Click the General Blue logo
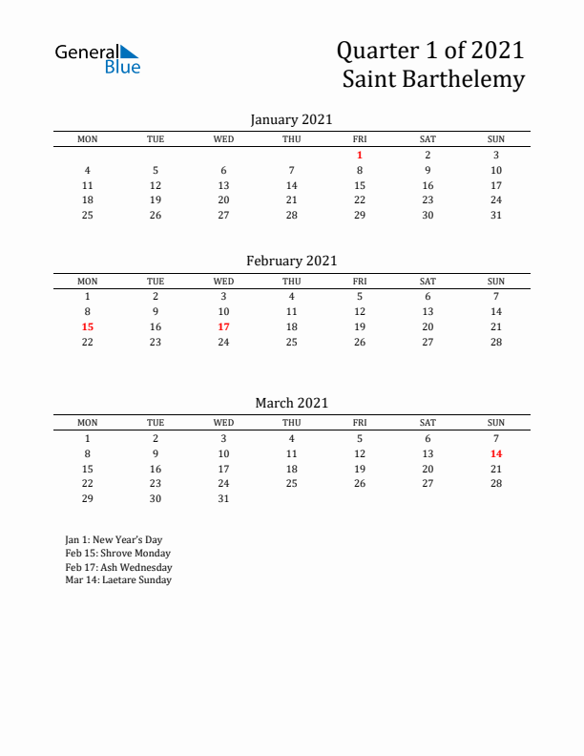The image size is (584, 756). pos(97,58)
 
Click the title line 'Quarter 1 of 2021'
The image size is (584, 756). pos(431,50)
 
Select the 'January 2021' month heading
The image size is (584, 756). pos(291,119)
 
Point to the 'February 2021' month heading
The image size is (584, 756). pos(291,261)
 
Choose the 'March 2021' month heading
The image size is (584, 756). pos(291,403)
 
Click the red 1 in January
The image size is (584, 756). pos(360,155)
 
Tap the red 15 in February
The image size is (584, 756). pos(88,326)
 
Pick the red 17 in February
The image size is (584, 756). pos(223,326)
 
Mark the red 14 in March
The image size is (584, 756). pos(496,454)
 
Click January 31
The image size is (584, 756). pos(496,215)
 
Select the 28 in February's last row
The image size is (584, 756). pos(496,342)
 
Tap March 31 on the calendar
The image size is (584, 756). pos(223,498)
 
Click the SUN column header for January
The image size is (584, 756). pos(496,139)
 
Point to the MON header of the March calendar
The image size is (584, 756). pos(88,423)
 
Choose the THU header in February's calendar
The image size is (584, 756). pos(292,281)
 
